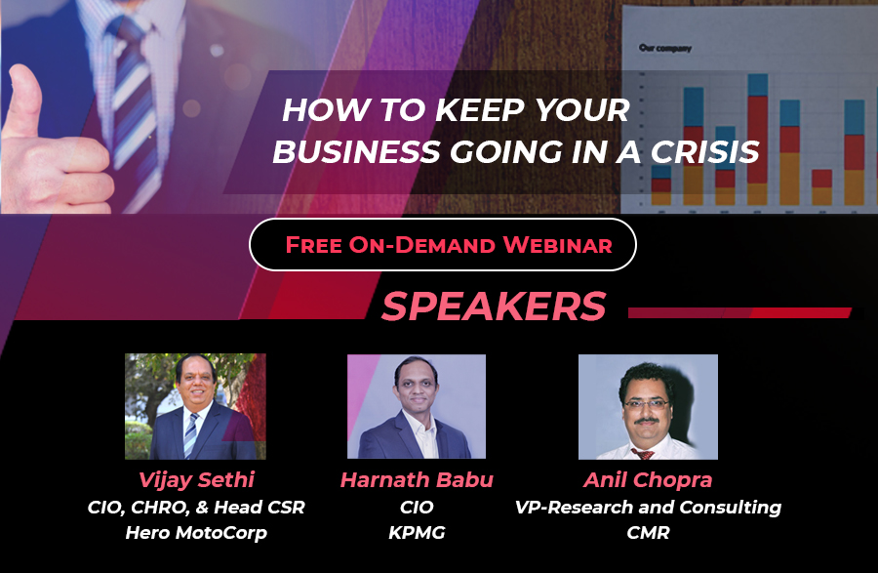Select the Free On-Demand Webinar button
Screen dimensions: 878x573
pos(443,245)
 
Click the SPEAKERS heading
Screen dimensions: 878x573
pos(494,306)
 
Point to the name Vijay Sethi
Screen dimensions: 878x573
pos(196,480)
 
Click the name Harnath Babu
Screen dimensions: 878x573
pos(417,480)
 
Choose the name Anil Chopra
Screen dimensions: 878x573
pos(648,480)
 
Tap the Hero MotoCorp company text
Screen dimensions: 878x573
pos(196,533)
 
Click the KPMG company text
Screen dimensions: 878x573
pos(417,533)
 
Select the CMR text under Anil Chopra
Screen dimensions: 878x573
pos(648,533)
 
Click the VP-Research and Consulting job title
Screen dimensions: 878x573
pos(648,507)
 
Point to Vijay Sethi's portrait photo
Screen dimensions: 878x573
pos(195,406)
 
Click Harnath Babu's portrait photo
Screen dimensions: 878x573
pos(417,406)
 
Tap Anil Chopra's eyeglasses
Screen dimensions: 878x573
pos(647,404)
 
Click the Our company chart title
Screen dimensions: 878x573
pos(665,48)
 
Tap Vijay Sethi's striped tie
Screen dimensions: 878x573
pos(191,434)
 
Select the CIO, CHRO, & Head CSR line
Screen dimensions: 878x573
pos(196,507)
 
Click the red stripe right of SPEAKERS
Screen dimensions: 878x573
pos(739,312)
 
